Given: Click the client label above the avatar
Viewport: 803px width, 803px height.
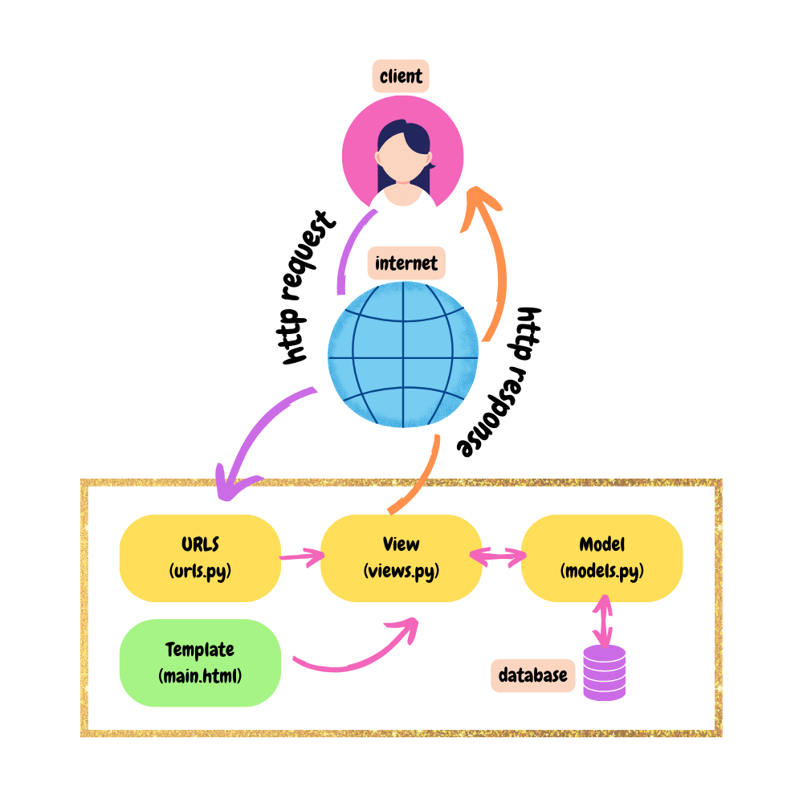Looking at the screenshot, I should coord(401,78).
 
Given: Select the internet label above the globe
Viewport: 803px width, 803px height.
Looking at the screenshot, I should coord(406,263).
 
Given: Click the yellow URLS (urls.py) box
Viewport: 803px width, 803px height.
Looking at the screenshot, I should coord(200,558).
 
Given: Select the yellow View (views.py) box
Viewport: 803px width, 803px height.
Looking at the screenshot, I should coord(401,558).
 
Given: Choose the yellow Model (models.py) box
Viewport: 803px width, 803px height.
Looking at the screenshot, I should coord(602,558).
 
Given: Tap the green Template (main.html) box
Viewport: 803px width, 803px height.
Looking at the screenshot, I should coord(200,662).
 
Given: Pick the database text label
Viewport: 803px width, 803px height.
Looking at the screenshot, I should coord(532,675).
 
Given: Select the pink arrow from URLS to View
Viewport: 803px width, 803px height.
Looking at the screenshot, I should coord(300,556).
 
